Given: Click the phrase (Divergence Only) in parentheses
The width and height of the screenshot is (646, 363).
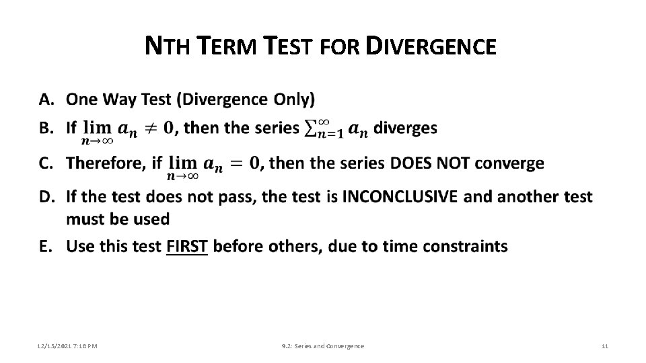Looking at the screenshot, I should (245, 99).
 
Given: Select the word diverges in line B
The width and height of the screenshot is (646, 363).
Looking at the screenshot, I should (404, 128).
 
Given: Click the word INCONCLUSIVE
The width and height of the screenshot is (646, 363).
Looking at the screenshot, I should (400, 197).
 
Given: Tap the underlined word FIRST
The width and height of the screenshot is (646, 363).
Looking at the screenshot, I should (187, 247).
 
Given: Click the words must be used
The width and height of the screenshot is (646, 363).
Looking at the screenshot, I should (118, 219).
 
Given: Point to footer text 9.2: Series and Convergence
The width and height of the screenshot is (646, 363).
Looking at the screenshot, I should (322, 346).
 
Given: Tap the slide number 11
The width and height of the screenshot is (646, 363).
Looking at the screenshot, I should (604, 346).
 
